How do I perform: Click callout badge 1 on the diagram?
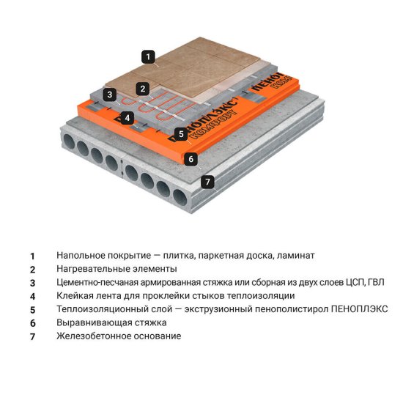pos(149,56)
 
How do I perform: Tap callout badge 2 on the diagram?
pos(144,89)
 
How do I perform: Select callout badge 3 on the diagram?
pos(108,94)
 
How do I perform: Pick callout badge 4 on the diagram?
pos(127,117)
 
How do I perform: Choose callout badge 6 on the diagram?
pos(190,158)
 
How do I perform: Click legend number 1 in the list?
pos(32,256)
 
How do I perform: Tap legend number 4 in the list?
pos(32,297)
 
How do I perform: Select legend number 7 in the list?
pos(32,337)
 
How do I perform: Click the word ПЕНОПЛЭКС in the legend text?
pos(358,309)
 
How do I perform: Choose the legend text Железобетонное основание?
pos(118,336)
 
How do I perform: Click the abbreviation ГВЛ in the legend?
pos(374,282)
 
